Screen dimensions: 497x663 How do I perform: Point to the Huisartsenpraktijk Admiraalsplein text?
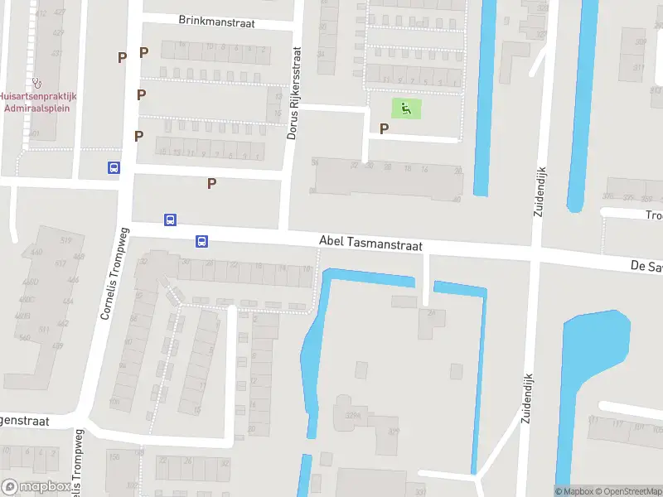[37, 103]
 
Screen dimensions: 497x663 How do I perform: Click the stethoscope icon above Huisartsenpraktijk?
[36, 83]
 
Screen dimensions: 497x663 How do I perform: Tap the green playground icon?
[405, 108]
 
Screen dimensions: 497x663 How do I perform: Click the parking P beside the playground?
[384, 128]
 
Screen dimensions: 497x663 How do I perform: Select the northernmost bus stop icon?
[114, 167]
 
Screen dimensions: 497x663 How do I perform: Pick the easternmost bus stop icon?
[201, 242]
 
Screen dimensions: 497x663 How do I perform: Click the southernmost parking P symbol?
[211, 183]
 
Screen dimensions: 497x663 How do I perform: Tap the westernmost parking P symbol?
[122, 57]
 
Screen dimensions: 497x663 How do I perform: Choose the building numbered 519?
[66, 240]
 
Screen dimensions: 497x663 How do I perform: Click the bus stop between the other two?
[170, 220]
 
